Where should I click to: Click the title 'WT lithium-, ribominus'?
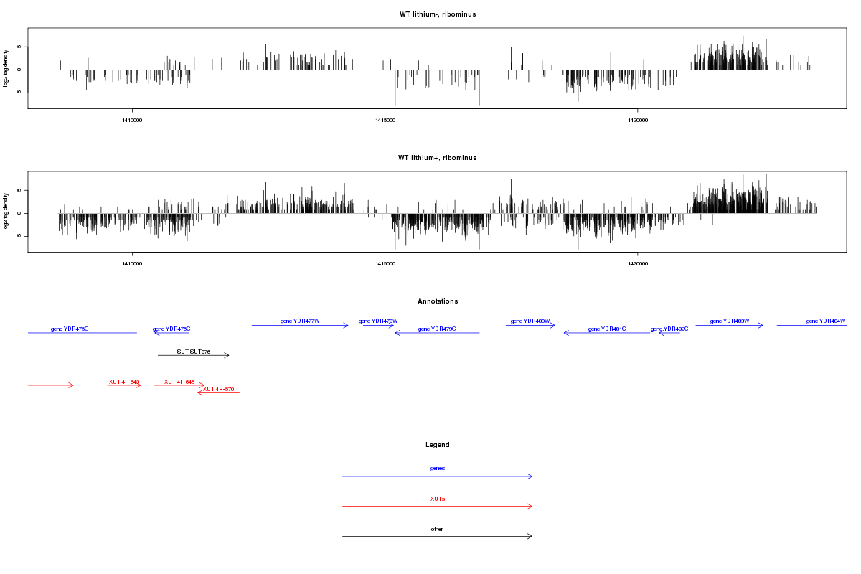(437, 14)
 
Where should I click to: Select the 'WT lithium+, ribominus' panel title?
(437, 158)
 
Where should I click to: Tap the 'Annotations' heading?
(438, 301)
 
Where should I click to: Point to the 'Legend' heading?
(438, 445)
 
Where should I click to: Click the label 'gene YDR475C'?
(70, 329)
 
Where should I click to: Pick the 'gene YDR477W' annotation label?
(300, 321)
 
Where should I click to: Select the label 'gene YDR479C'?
(437, 329)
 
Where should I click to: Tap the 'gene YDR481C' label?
(607, 329)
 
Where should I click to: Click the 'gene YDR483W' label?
(730, 321)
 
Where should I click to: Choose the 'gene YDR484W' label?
(826, 321)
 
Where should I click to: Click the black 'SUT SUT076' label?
(194, 352)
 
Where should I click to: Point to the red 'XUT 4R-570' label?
(219, 389)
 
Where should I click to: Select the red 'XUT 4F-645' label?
(179, 382)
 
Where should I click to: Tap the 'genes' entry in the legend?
(438, 468)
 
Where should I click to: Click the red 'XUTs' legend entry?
(438, 498)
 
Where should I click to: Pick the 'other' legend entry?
(438, 529)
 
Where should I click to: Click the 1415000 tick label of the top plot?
(385, 121)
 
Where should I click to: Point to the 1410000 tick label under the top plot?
(132, 121)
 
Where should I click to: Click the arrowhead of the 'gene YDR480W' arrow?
(554, 325)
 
